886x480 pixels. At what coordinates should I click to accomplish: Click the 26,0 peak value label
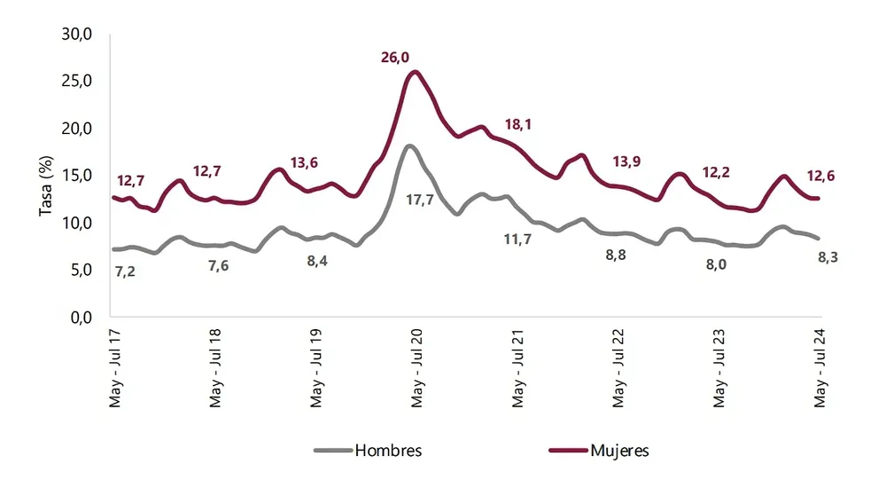(x=395, y=58)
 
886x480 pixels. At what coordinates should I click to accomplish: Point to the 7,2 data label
(x=125, y=271)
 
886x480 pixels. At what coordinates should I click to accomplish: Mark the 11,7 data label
(x=517, y=240)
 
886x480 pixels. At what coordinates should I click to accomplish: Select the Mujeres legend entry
(x=618, y=451)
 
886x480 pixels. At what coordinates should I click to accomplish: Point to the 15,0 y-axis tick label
(x=77, y=176)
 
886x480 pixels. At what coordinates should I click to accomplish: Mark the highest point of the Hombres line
(x=409, y=146)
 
